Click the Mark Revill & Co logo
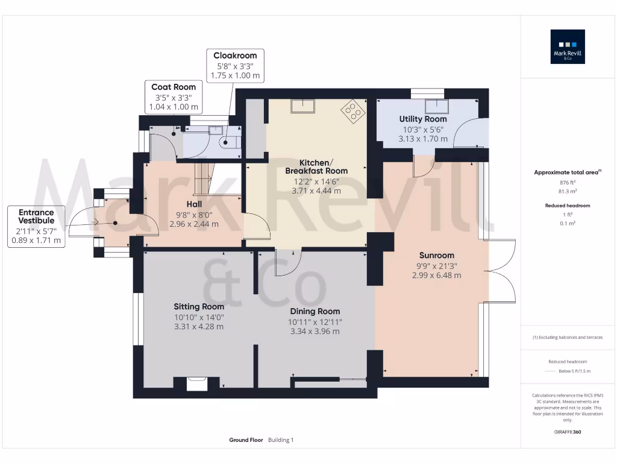tap(568, 47)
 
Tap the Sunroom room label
tap(437, 255)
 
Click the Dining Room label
tap(315, 311)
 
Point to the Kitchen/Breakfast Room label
tap(316, 167)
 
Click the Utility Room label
tap(423, 119)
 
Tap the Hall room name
tap(194, 204)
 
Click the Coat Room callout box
tap(174, 97)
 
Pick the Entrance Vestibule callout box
tap(36, 226)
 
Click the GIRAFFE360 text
tap(568, 432)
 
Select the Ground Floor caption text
tap(246, 440)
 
